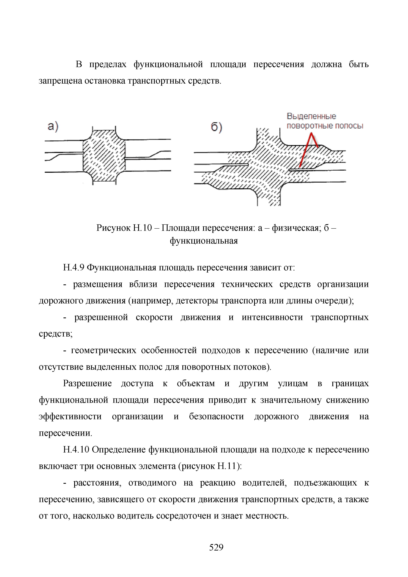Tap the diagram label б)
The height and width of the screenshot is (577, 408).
pyautogui.click(x=216, y=128)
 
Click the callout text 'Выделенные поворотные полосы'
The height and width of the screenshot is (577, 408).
pyautogui.click(x=325, y=121)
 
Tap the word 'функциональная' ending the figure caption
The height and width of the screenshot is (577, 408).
pyautogui.click(x=204, y=241)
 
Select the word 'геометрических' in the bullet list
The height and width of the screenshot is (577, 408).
pyautogui.click(x=103, y=350)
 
